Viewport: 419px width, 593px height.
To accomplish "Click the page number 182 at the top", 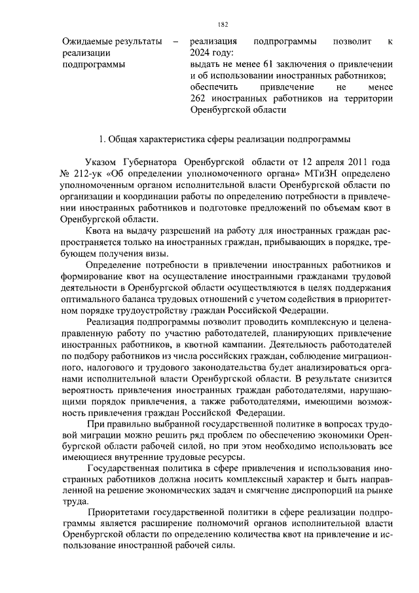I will pyautogui.click(x=223, y=24).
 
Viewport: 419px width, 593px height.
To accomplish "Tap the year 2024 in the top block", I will pyautogui.click(x=200, y=53).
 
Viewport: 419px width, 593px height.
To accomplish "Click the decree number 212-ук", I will pyautogui.click(x=88, y=173).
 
